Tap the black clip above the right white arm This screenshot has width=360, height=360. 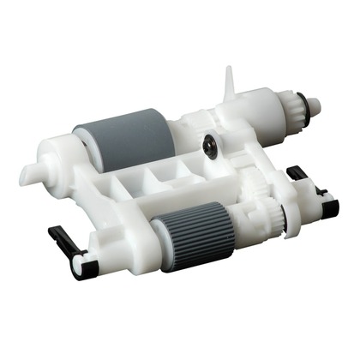pos(297,174)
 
